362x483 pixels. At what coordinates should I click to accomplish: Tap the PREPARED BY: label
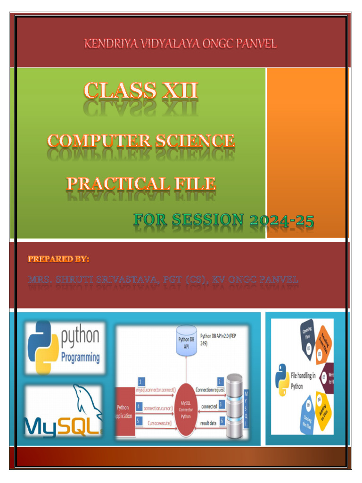pos(58,259)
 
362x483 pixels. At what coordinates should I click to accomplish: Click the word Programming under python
pos(81,357)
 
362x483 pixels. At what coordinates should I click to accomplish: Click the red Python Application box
pos(125,411)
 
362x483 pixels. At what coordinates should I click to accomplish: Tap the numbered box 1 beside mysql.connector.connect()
pos(141,381)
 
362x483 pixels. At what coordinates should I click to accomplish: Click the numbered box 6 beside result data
pos(221,419)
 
